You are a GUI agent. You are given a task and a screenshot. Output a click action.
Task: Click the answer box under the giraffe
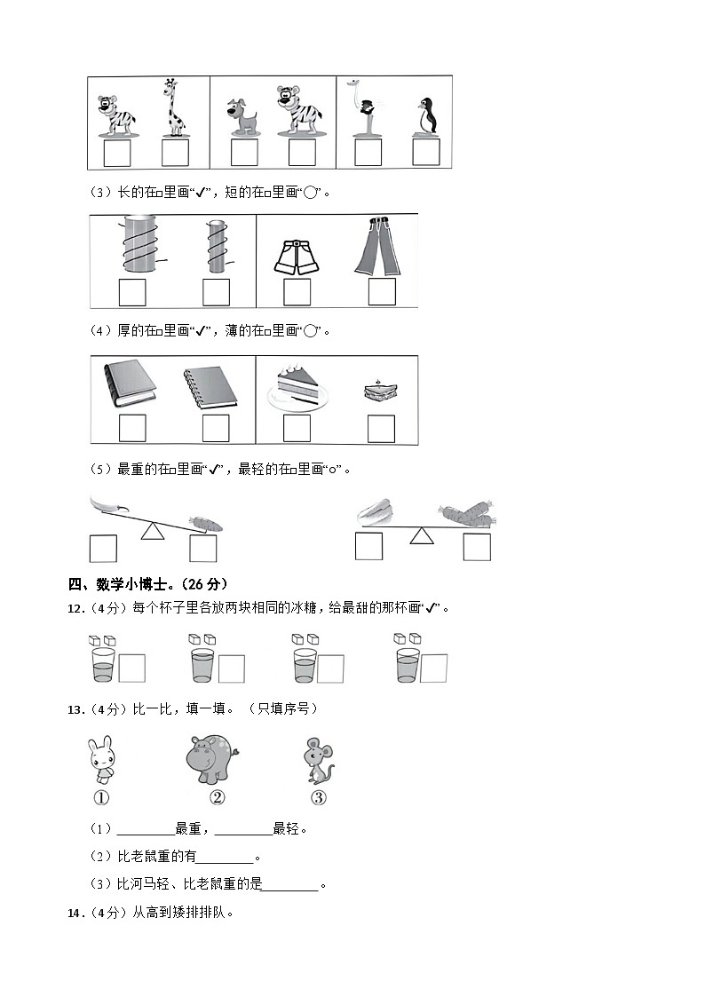pos(175,153)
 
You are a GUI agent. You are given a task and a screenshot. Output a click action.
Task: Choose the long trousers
pos(377,246)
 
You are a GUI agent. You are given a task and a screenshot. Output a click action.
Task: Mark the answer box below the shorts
pos(297,292)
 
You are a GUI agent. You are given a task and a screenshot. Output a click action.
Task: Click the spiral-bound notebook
pos(210,387)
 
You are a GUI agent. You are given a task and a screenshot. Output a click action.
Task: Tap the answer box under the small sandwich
pos(381,429)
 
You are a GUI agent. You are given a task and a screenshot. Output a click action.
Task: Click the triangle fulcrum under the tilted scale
pos(154,531)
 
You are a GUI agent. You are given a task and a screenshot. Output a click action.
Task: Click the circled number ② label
pos(217,797)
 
